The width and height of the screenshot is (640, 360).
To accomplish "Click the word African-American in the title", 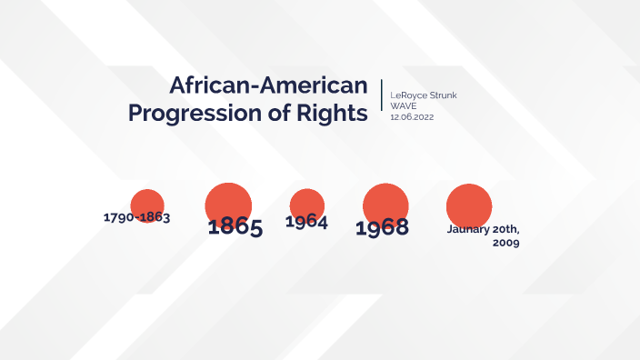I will pyautogui.click(x=268, y=85).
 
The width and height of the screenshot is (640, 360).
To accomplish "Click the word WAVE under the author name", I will pyautogui.click(x=404, y=106).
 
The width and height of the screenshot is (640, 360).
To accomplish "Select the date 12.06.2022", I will pyautogui.click(x=412, y=117).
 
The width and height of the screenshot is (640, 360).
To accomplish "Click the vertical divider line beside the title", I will pyautogui.click(x=381, y=101).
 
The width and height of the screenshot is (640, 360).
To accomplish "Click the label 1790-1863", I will pyautogui.click(x=137, y=218).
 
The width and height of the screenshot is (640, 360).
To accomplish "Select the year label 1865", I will pyautogui.click(x=235, y=227).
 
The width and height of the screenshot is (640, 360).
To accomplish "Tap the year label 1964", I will pyautogui.click(x=306, y=222).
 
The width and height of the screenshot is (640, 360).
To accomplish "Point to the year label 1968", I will pyautogui.click(x=382, y=228).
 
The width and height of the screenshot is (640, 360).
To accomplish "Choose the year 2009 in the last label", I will pyautogui.click(x=505, y=244).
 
